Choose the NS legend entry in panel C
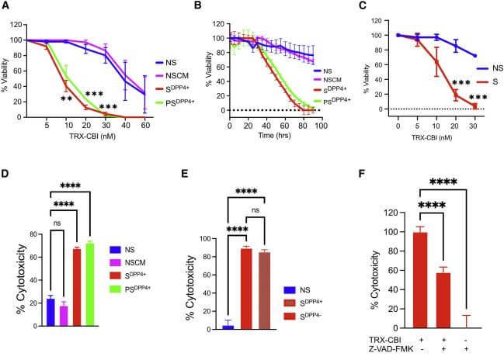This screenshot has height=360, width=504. point(481,67)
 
